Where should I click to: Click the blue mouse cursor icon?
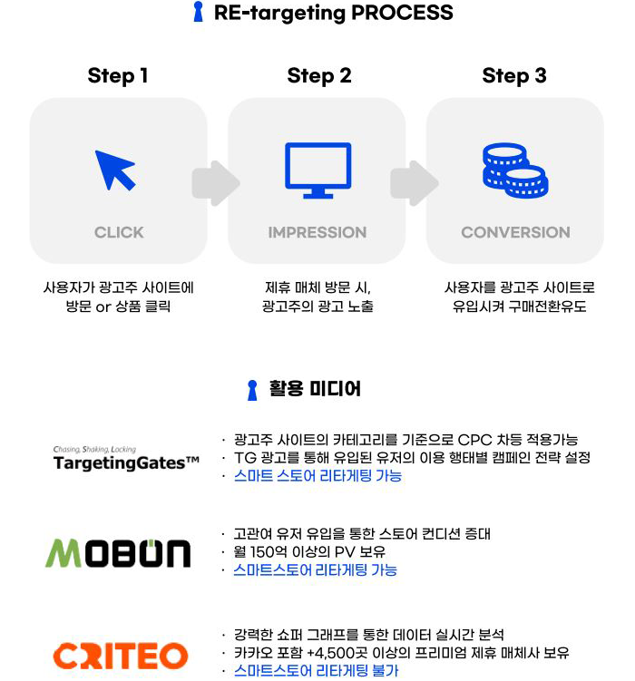pos(113,170)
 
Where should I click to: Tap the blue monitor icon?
pos(317,170)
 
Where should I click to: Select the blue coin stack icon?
pos(515,170)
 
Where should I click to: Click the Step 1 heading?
pos(118,75)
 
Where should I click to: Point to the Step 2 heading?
pos(319,75)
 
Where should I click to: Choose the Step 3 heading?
pos(514,75)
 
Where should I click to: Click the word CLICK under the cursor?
pos(119,232)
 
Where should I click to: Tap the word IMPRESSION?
pos(317,232)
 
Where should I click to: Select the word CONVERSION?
pos(515,232)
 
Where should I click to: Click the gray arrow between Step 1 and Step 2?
pos(216,183)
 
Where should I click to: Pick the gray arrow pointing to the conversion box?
pos(415,183)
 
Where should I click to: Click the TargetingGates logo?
pos(126,459)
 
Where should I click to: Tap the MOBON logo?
pos(118,553)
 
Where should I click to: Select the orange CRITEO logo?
pos(121,656)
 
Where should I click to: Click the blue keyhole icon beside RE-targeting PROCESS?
pos(198,12)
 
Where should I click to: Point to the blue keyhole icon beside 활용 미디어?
pos(252,390)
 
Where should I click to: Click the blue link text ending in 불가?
pos(316,671)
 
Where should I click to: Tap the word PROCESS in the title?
pos(402,12)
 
